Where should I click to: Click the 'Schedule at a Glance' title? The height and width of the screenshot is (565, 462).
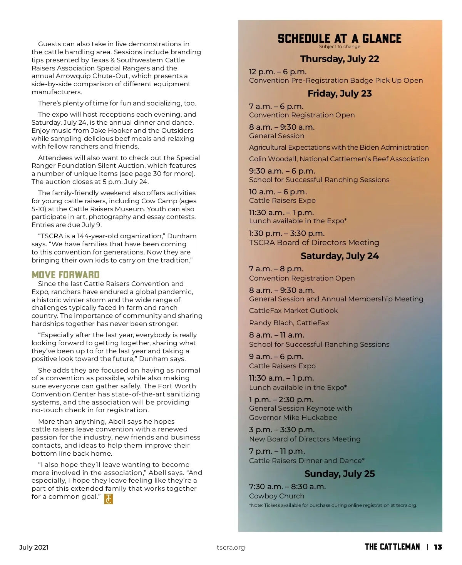click(340, 38)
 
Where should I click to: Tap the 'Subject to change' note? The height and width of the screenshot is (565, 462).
click(340, 47)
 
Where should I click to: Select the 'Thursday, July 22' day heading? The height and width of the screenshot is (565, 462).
click(340, 59)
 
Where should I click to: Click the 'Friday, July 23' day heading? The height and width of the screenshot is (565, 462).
click(340, 94)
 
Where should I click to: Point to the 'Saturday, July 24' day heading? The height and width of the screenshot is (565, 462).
click(340, 256)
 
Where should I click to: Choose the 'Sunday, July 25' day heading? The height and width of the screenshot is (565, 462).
click(340, 474)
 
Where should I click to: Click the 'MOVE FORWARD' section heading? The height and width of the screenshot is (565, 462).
click(65, 275)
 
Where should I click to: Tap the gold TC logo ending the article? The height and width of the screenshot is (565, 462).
click(109, 499)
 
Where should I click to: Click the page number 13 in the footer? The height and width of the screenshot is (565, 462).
click(438, 547)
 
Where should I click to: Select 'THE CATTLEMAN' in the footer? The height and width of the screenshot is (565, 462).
click(392, 547)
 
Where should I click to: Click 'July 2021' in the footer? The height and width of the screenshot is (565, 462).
click(34, 547)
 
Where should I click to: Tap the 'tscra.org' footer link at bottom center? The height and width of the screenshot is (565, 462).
click(231, 547)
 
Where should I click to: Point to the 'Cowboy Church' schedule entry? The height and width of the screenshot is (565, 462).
click(276, 496)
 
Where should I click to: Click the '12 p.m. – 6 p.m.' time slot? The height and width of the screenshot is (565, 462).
click(278, 72)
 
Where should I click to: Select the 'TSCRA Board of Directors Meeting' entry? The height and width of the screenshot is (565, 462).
click(314, 242)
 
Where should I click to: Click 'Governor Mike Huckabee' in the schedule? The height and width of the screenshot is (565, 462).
click(293, 418)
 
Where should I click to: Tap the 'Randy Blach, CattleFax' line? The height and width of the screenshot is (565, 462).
click(289, 323)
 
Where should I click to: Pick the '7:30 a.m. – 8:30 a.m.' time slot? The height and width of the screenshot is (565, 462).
click(287, 486)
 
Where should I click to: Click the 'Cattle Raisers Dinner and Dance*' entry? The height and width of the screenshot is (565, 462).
click(306, 461)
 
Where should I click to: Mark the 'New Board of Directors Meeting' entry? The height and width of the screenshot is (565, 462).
click(305, 439)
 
